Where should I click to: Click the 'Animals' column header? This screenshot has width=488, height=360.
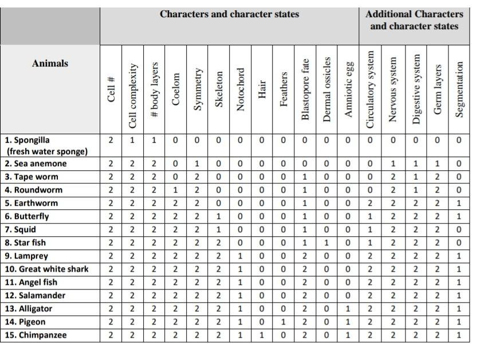(x=50, y=64)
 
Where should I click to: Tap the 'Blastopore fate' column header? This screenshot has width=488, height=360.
(x=305, y=89)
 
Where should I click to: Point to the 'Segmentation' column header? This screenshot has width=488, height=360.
(x=459, y=89)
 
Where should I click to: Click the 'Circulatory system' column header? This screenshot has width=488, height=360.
(x=370, y=89)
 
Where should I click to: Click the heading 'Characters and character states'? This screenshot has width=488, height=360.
(x=229, y=14)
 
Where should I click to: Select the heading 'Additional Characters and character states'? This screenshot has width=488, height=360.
(x=414, y=20)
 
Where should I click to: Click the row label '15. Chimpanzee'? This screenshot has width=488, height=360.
(x=36, y=335)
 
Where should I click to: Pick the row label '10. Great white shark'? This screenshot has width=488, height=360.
(x=46, y=269)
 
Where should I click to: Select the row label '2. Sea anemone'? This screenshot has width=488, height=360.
(x=36, y=164)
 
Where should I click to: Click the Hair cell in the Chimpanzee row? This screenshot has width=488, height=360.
(x=262, y=335)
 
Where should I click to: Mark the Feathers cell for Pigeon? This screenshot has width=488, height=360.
(x=284, y=322)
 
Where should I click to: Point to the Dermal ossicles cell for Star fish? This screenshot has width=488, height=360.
(x=326, y=242)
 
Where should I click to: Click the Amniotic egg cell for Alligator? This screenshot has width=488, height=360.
(x=348, y=308)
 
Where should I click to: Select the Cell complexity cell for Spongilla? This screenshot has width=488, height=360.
(x=132, y=140)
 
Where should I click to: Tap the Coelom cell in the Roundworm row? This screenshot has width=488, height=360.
(x=175, y=190)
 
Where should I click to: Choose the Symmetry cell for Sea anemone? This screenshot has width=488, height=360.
(x=197, y=164)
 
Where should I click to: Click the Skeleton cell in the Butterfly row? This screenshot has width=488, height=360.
(x=218, y=216)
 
